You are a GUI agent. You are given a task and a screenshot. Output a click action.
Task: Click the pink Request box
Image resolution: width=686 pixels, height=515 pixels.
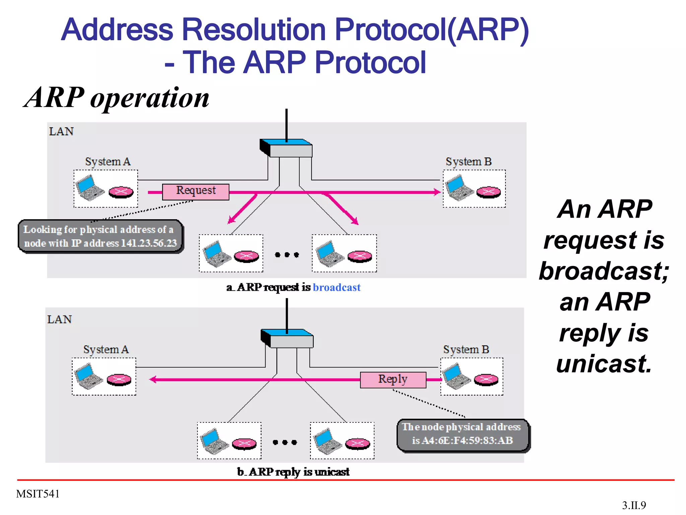pyautogui.click(x=196, y=192)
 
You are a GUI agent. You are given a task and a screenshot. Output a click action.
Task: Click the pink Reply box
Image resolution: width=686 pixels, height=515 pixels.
pyautogui.click(x=393, y=380)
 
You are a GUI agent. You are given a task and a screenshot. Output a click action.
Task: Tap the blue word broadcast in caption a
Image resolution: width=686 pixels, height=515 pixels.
pyautogui.click(x=336, y=287)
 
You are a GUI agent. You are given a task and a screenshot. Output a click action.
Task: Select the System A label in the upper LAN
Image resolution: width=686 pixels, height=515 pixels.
pyautogui.click(x=108, y=162)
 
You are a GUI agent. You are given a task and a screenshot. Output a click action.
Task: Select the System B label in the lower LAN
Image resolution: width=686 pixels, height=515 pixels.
pyautogui.click(x=466, y=349)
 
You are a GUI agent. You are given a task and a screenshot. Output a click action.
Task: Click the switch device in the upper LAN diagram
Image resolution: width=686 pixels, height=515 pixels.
pyautogui.click(x=287, y=148)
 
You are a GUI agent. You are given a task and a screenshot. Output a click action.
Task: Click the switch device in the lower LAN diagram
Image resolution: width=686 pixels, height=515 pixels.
pyautogui.click(x=287, y=339)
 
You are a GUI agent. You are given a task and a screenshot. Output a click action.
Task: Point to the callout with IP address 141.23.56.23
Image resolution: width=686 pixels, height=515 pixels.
pyautogui.click(x=100, y=236)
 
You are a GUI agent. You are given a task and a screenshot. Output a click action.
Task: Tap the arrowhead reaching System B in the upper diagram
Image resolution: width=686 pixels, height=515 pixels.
pyautogui.click(x=437, y=192)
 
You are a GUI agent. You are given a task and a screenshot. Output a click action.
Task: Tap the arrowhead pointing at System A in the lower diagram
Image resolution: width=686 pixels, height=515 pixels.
pyautogui.click(x=153, y=380)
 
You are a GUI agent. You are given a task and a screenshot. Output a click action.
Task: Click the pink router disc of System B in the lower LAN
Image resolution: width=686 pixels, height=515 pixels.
pyautogui.click(x=486, y=380)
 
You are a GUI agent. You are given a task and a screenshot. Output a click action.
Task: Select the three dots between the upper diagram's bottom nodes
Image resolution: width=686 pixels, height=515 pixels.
pyautogui.click(x=287, y=255)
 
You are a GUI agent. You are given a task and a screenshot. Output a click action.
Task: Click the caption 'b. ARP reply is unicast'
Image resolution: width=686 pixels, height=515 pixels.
pyautogui.click(x=293, y=472)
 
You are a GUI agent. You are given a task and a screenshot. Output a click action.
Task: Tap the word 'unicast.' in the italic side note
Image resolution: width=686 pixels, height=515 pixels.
pyautogui.click(x=604, y=364)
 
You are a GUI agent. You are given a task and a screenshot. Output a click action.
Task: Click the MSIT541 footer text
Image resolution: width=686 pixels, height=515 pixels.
pyautogui.click(x=38, y=494)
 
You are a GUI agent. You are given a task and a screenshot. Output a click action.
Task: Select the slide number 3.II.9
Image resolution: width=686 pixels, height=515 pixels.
pyautogui.click(x=634, y=505)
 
